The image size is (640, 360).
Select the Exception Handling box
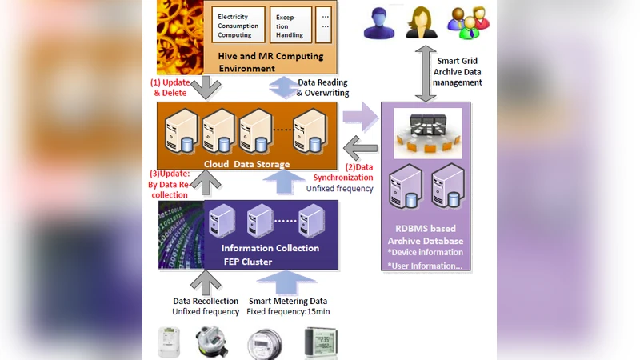pos(287,26)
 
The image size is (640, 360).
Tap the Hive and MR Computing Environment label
pos(277,63)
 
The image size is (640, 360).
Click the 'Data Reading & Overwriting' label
pos(322,87)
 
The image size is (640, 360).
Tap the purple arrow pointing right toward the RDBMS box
pos(359,117)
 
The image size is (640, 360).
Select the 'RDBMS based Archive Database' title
pos(426,234)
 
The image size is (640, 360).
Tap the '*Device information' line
pos(424,252)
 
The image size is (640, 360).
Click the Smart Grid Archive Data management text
pos(460,71)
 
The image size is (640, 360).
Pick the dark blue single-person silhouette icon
pos(379,23)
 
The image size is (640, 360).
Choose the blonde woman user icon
pos(421,22)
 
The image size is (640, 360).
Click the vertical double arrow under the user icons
pos(425,71)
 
